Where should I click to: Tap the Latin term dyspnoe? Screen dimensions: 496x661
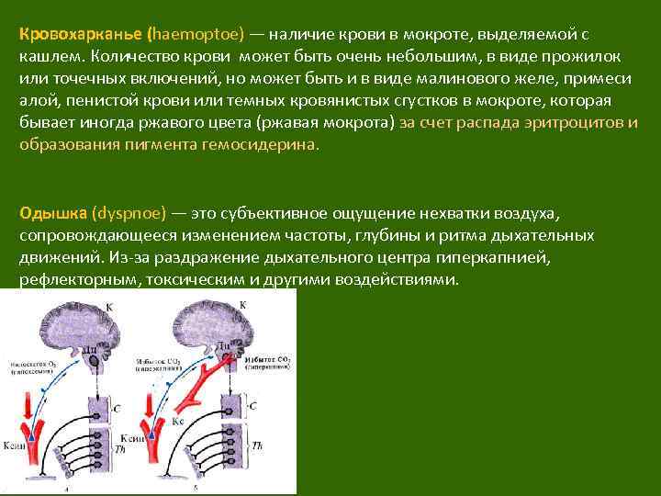129,213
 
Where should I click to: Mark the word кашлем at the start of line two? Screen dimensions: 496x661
44,57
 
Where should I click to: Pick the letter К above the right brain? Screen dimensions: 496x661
242,303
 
